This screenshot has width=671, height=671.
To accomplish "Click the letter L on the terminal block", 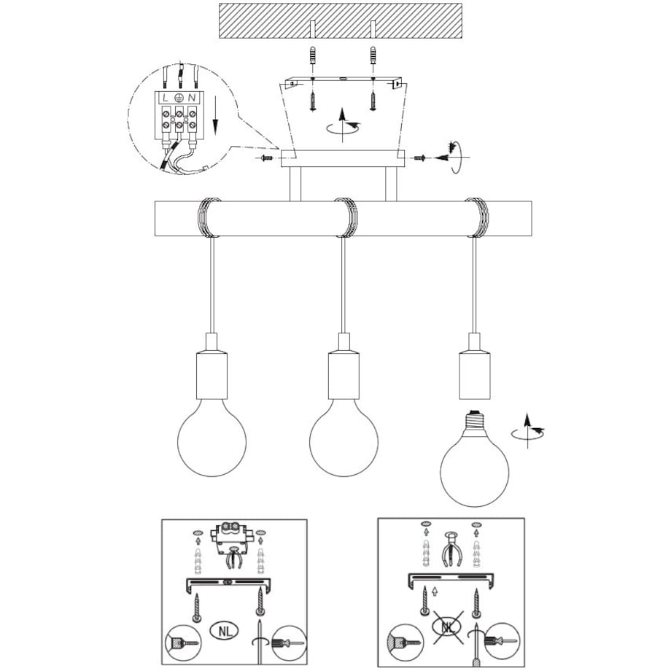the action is tap(166, 98).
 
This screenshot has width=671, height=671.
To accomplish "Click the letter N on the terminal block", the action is tap(192, 98).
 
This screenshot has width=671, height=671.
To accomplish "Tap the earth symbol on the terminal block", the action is tap(179, 98).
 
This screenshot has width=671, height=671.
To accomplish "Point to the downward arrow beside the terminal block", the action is tap(215, 115).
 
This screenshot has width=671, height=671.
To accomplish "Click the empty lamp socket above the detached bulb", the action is tap(475, 376).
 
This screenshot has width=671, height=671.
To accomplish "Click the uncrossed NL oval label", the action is tap(225, 631).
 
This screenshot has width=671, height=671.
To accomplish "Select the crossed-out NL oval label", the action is tap(447, 627).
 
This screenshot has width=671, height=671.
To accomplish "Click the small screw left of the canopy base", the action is tap(265, 158).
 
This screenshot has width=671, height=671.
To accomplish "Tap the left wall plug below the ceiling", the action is tap(313, 55).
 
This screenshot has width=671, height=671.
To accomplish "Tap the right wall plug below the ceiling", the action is tap(373, 55).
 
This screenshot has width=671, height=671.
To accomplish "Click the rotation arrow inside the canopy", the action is tap(344, 125).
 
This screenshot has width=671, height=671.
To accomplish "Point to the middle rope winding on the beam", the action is tap(345, 217).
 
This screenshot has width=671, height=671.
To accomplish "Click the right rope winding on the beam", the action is tap(477, 217).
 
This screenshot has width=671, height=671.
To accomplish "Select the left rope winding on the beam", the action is tap(209, 217).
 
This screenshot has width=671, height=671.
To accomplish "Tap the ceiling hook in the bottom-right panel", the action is tap(450, 549).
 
